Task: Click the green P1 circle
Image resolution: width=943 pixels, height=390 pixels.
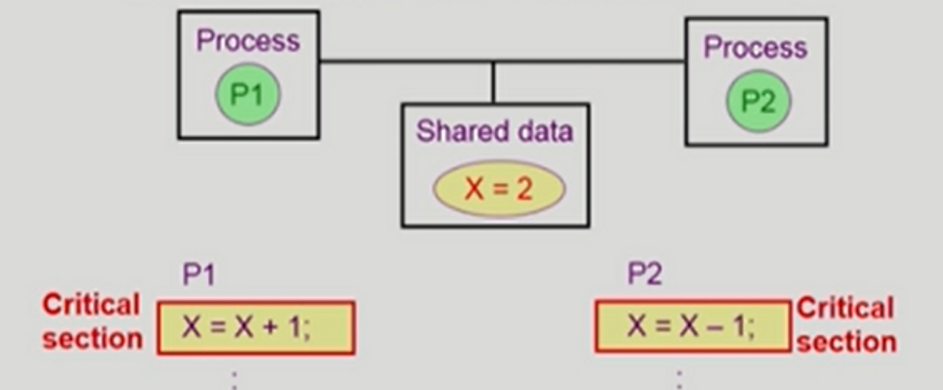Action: pos(248,94)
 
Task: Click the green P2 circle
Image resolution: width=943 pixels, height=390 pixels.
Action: pos(757,101)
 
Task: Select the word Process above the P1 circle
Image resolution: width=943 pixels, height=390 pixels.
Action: pos(248,41)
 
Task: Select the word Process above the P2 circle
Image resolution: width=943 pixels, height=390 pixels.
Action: pos(755,48)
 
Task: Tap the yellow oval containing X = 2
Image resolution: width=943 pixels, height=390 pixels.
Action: pos(499,189)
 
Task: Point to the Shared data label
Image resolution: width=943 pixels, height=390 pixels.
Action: pos(494,131)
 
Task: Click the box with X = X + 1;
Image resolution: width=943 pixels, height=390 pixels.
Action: pos(256,327)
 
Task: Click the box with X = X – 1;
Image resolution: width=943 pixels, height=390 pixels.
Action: pos(692,325)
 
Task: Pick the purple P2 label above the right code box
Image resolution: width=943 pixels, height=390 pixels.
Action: pos(645,274)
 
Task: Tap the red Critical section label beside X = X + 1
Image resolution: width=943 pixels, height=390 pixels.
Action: pos(92,321)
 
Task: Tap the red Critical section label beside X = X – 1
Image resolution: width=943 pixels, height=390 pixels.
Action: pos(846,324)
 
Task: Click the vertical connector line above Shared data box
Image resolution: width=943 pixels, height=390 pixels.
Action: pos(493,83)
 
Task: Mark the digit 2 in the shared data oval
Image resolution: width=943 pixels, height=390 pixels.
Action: pos(524,189)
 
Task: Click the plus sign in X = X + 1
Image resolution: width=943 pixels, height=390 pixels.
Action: pos(273,327)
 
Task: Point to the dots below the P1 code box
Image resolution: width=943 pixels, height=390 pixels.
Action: pos(235,379)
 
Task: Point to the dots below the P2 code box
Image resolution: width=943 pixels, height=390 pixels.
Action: pos(679,379)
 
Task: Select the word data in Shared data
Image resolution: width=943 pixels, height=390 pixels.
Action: pos(544,131)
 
